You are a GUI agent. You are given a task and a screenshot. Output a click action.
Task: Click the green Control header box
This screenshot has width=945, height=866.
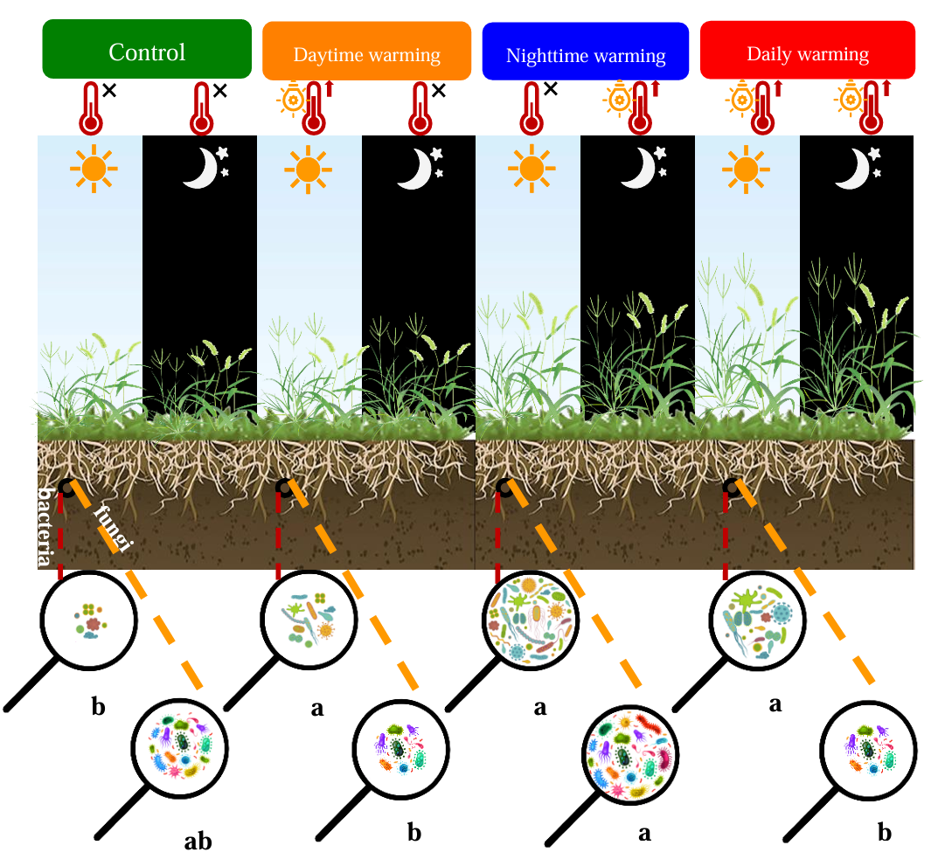click(147, 52)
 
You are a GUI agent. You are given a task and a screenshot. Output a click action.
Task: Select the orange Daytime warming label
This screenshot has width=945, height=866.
click(366, 54)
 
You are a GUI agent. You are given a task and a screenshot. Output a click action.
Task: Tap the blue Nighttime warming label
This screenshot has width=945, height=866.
click(586, 56)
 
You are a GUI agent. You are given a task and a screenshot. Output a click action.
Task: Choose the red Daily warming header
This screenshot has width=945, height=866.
click(808, 53)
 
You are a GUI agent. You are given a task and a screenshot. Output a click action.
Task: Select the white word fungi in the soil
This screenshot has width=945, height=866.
click(111, 529)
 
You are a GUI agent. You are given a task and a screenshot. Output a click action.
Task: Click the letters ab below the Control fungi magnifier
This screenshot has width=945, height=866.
click(198, 842)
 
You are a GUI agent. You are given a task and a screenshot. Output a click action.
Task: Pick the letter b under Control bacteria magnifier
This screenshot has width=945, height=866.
click(98, 706)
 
